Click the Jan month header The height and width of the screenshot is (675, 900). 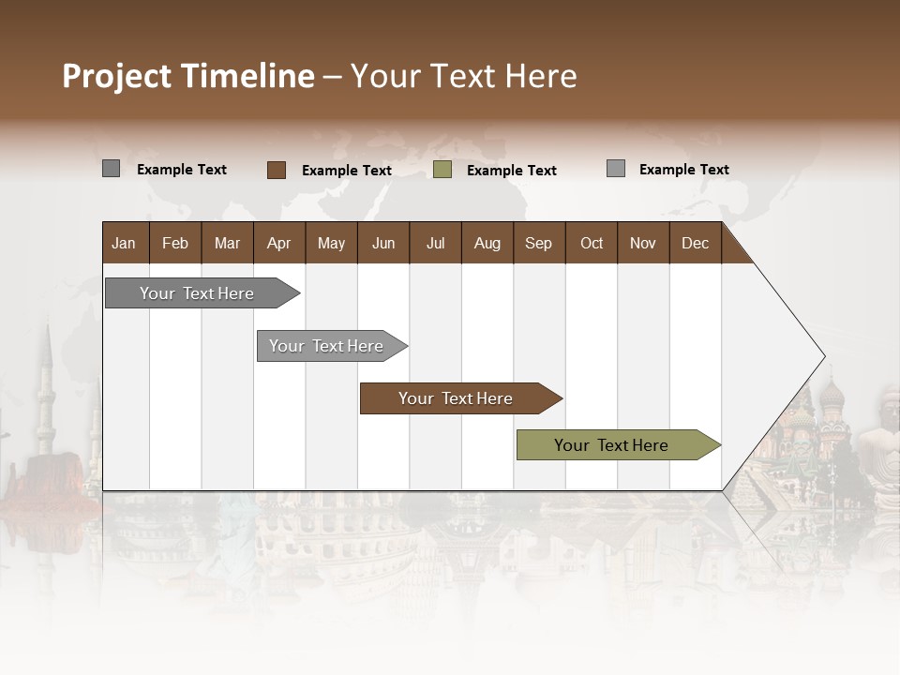click(x=124, y=243)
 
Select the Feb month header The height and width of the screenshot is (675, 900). click(x=175, y=243)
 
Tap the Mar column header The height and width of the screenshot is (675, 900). click(x=227, y=243)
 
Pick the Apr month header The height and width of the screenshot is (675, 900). click(x=279, y=243)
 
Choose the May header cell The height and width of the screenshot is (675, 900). click(x=331, y=243)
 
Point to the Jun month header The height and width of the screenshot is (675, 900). click(x=383, y=243)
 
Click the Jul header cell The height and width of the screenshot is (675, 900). click(x=435, y=243)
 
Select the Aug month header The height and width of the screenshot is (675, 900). click(x=487, y=243)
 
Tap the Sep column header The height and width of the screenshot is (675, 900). click(x=539, y=243)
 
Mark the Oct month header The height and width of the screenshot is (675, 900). click(x=592, y=243)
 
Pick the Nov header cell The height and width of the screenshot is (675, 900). click(x=643, y=243)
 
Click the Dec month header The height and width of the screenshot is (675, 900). click(x=696, y=243)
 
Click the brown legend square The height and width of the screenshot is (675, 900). click(x=276, y=170)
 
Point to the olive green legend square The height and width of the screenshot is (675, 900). click(x=442, y=170)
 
